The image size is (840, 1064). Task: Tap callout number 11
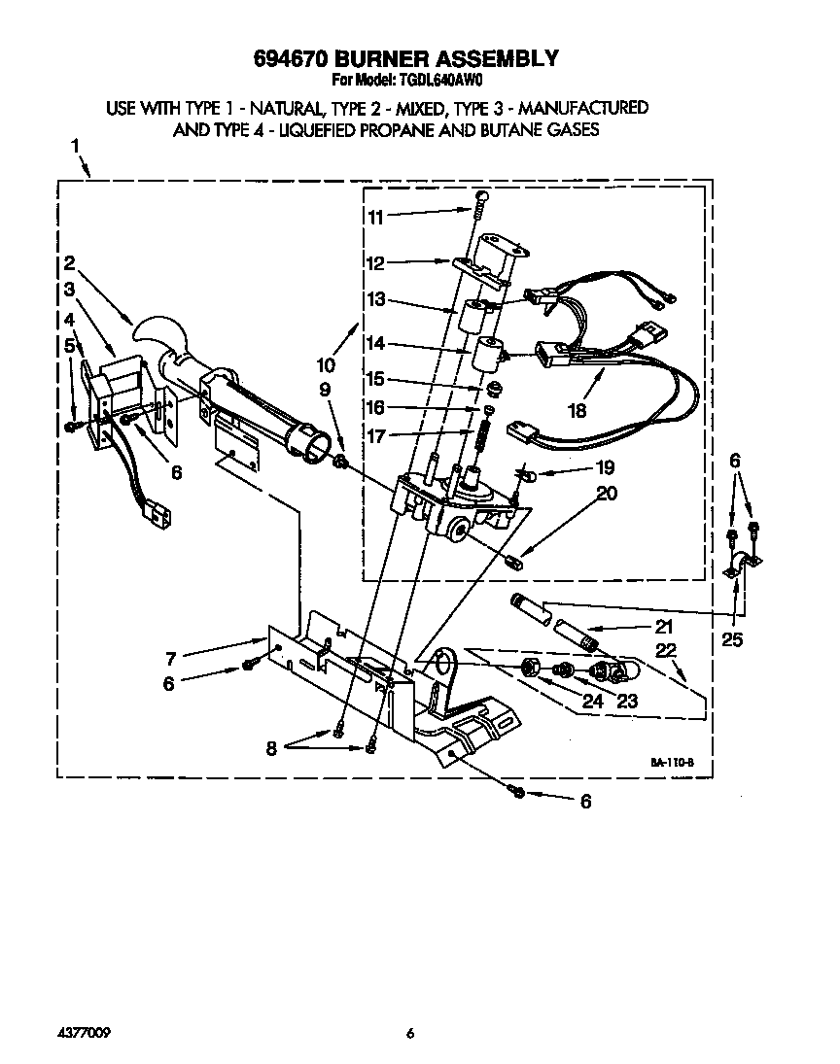click(376, 217)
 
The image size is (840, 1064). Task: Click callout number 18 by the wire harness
click(577, 410)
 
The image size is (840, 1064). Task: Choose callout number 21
click(664, 626)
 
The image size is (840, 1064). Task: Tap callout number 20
click(608, 493)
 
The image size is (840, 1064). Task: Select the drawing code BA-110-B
click(671, 764)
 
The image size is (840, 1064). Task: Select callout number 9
click(325, 391)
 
